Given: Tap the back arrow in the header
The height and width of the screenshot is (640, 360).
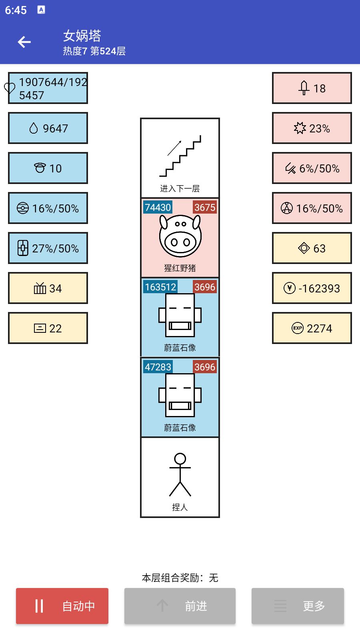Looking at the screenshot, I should point(24,42).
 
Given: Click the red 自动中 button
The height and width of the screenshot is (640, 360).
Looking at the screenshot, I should point(62,606).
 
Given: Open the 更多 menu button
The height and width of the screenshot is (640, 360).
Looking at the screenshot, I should point(298,606).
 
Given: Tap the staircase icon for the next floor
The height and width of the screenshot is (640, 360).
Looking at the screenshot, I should point(180,156).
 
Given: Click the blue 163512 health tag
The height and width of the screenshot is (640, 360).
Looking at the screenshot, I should point(160,287).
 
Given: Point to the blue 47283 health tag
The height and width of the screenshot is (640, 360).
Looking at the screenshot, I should point(158,367).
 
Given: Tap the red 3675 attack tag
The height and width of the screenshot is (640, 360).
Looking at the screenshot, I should point(205,207).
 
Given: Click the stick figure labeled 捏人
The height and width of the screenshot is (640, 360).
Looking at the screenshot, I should point(180,475).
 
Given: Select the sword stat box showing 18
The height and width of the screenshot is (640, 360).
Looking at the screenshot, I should point(312,88).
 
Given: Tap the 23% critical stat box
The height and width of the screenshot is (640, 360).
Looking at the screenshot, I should point(312,128).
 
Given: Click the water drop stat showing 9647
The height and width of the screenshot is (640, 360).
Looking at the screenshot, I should point(48,128).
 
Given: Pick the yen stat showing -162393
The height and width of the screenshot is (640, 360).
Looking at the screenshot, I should point(312,288).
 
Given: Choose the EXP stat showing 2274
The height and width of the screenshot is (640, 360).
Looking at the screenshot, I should point(312,328).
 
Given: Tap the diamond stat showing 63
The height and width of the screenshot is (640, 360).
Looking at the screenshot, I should point(312,248).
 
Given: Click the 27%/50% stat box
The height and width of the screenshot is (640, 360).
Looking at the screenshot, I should point(48,248).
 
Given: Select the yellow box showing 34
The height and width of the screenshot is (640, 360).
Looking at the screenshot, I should point(48,288).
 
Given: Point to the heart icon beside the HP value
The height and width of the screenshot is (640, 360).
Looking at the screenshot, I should point(10,88).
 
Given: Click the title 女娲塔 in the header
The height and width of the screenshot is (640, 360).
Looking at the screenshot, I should point(82,36).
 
